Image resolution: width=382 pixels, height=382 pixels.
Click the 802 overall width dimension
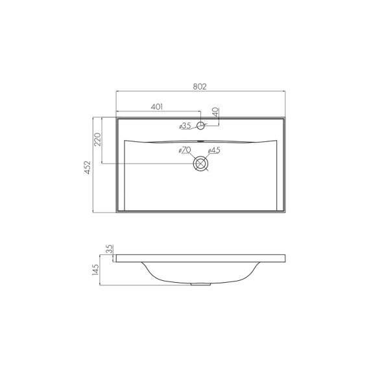200,87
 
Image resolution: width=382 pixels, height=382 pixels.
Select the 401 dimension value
157,107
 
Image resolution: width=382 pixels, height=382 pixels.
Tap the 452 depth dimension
88,167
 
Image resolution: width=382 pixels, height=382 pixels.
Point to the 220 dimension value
97,139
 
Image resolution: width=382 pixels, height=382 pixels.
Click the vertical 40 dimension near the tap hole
215,112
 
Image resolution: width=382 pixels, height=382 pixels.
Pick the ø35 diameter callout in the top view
185,126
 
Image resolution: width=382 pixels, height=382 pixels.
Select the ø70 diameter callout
185,150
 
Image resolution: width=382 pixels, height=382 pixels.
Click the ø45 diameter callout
214,150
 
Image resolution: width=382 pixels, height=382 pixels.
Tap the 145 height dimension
96,270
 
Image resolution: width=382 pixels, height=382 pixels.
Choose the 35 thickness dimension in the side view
110,249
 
